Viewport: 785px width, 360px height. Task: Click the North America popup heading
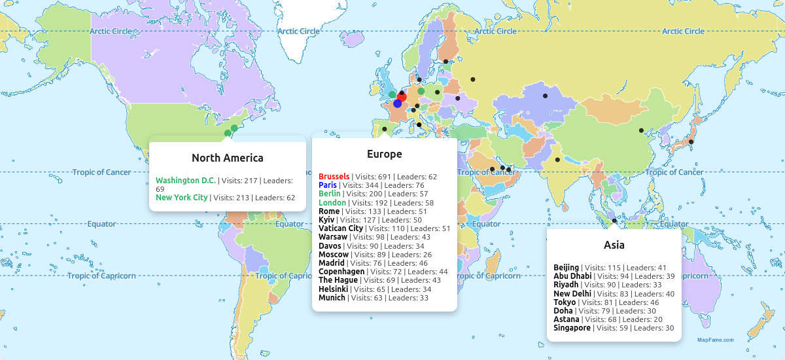(227, 158)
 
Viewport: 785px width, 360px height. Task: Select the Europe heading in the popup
(384, 154)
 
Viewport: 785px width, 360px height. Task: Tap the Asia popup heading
(614, 245)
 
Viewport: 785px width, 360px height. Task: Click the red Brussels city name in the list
(334, 177)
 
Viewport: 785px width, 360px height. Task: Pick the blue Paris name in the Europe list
(328, 185)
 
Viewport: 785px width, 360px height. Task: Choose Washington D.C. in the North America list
(186, 180)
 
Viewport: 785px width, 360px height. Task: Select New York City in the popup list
(182, 197)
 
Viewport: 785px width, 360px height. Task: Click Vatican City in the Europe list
(341, 228)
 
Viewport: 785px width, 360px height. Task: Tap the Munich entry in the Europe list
(332, 298)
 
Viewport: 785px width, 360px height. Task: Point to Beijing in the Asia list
(566, 268)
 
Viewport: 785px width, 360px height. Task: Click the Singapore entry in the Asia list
(572, 328)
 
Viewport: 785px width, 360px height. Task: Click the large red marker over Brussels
(402, 97)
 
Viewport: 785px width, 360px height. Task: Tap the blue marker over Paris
(398, 103)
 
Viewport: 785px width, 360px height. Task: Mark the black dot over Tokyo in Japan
(691, 141)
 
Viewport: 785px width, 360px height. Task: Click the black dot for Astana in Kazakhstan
(545, 96)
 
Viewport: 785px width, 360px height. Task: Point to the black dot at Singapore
(614, 221)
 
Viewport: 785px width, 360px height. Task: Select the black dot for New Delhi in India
(557, 160)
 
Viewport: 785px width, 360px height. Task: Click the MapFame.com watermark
(715, 340)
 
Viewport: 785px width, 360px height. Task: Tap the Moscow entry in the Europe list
(334, 255)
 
